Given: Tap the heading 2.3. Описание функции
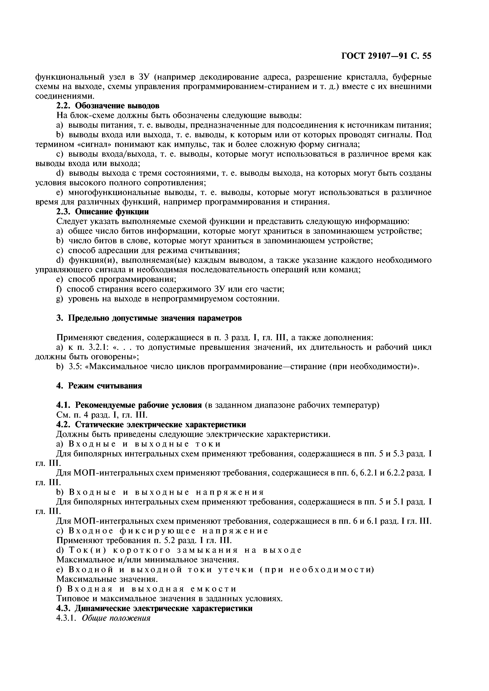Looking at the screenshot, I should click(x=102, y=212).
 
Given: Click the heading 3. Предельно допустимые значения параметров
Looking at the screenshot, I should click(x=149, y=318).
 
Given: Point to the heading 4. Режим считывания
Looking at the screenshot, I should click(x=99, y=385).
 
